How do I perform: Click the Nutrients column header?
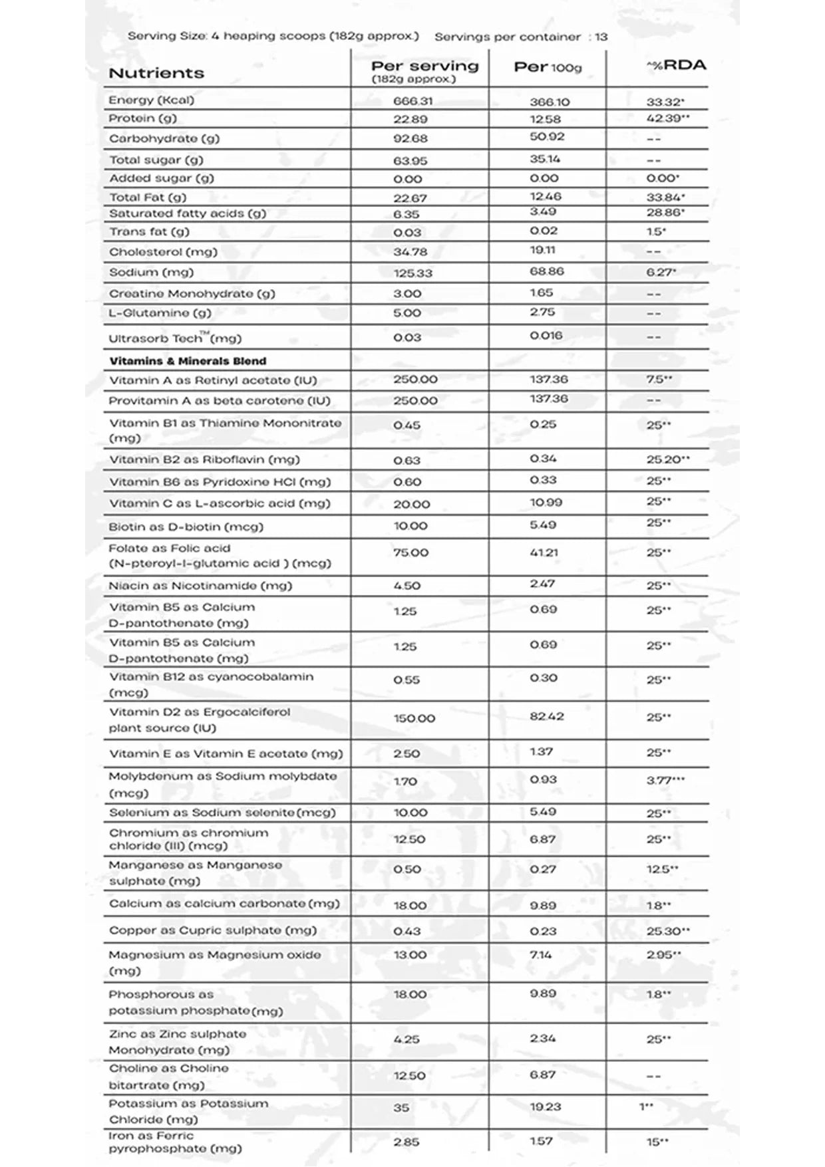156,73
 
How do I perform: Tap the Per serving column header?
424,66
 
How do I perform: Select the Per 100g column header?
548,67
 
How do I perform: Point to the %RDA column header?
676,65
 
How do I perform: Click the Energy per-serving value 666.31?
413,101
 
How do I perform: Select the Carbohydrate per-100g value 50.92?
546,137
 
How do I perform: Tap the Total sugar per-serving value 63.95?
410,160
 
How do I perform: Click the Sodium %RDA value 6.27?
661,272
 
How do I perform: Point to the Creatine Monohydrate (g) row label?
192,293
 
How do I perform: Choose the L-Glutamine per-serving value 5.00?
407,313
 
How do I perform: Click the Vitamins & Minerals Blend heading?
188,361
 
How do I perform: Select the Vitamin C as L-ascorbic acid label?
220,503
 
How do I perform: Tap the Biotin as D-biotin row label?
186,527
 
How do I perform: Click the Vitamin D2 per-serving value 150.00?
414,718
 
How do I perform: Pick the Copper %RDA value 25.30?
667,931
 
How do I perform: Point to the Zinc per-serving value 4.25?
407,1039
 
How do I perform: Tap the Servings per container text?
521,37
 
